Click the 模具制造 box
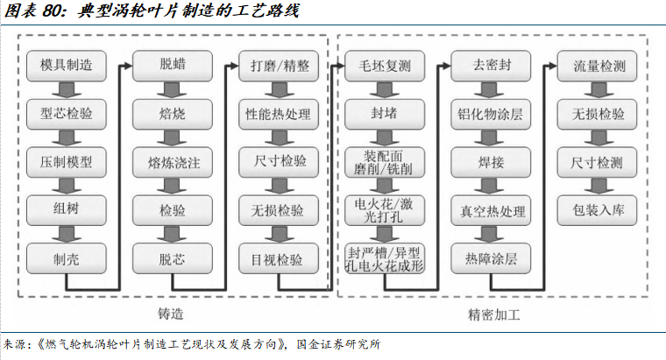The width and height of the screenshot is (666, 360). click(67, 66)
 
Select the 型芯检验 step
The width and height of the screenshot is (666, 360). click(67, 114)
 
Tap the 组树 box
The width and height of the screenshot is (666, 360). click(67, 210)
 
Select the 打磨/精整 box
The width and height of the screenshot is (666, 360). click(280, 66)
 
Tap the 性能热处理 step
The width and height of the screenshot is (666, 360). click(280, 114)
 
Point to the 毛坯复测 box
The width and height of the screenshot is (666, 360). click(386, 66)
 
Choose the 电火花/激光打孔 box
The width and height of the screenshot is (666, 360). click(386, 210)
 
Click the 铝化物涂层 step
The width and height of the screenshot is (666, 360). click(492, 114)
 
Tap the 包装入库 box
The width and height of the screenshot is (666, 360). click(599, 210)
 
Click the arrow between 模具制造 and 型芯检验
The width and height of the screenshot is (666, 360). click(67, 89)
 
